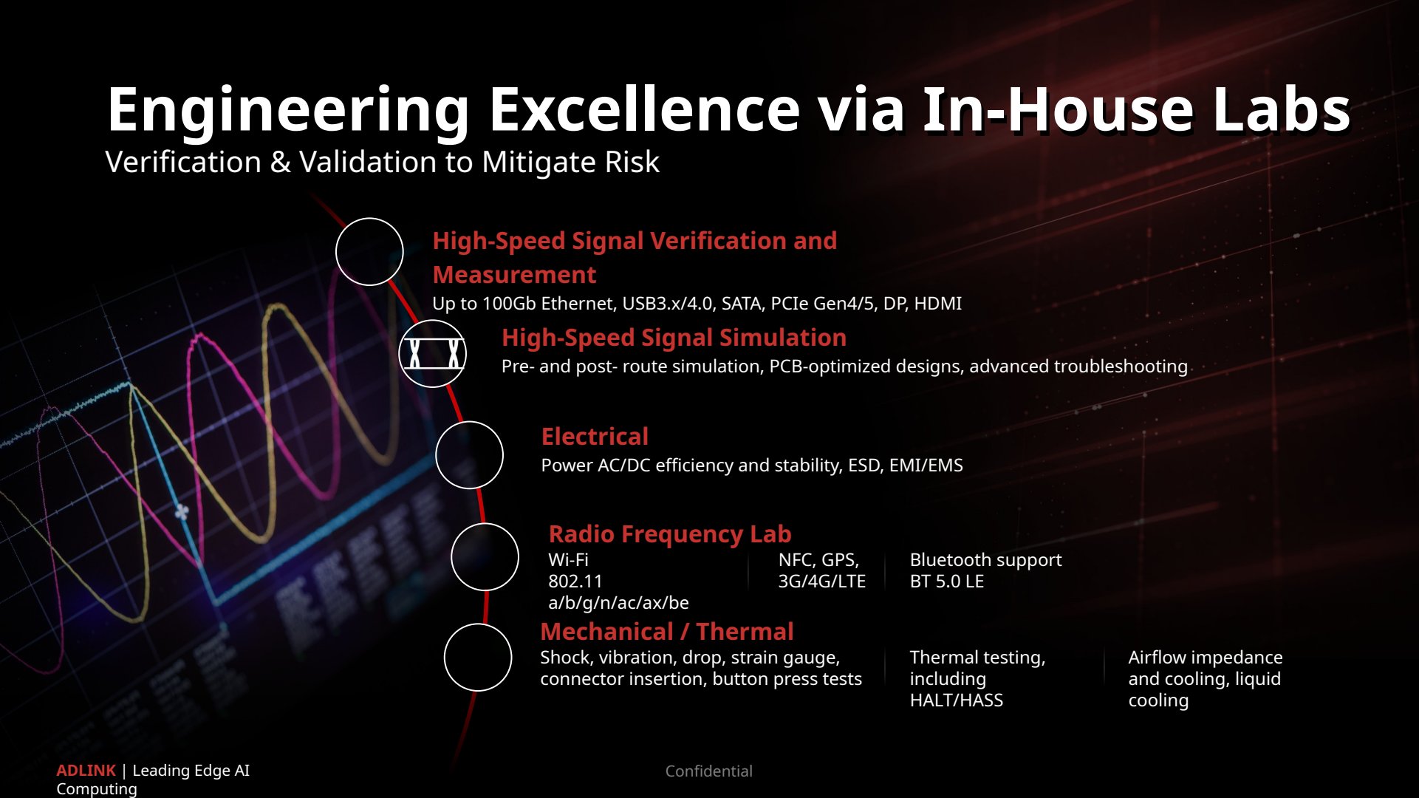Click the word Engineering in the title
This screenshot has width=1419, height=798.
coord(288,111)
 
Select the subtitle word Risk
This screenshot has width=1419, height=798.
coord(632,162)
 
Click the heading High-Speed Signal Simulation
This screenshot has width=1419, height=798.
coord(674,338)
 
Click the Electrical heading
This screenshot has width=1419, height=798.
coord(595,437)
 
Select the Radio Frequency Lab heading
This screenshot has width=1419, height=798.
coord(670,534)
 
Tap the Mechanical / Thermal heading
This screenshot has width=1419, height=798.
coord(667,632)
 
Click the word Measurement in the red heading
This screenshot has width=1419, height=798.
coord(514,275)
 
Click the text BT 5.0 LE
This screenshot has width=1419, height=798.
coord(947,582)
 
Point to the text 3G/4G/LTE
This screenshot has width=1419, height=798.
coord(821,582)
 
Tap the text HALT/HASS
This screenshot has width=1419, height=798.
coord(957,700)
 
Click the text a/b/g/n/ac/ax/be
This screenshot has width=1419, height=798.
coord(618,603)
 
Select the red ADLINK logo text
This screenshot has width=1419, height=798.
coord(86,771)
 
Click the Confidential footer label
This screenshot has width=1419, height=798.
coord(709,771)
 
